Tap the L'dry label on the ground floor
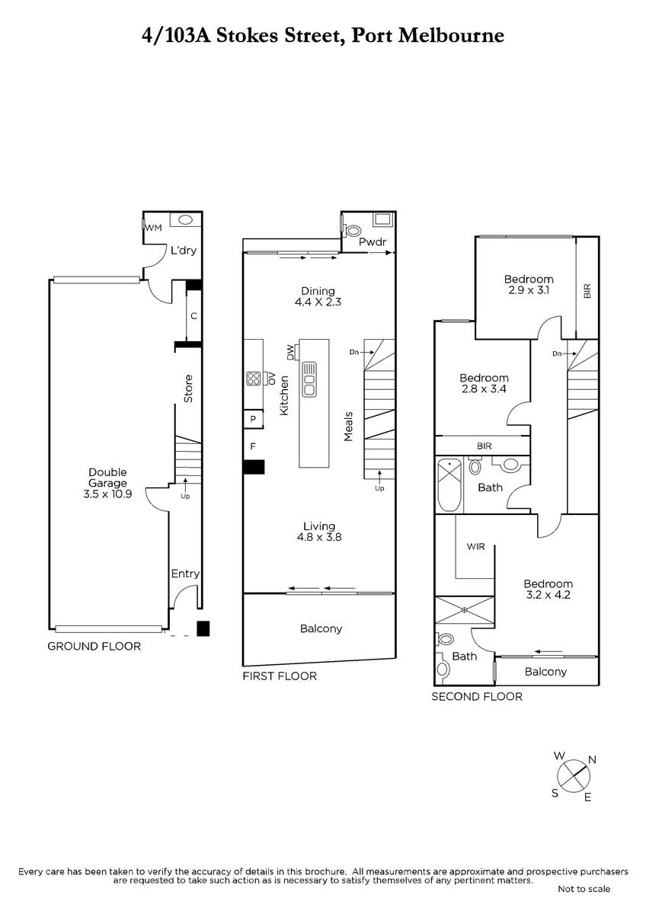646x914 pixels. (184, 251)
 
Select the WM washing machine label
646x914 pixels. (154, 228)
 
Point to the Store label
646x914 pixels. (188, 389)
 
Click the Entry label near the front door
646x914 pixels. (185, 574)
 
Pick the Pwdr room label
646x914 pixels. (373, 242)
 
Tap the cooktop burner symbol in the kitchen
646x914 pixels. (254, 379)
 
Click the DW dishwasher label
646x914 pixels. (290, 353)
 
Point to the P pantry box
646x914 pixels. (253, 419)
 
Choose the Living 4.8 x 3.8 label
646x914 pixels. (319, 532)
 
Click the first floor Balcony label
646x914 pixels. (321, 628)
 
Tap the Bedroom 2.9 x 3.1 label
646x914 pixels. (529, 284)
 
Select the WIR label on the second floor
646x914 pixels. (476, 546)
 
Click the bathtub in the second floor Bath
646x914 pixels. (449, 484)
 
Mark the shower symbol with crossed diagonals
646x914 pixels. (465, 610)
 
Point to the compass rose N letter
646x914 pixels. (592, 760)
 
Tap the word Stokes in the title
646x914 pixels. (248, 36)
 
